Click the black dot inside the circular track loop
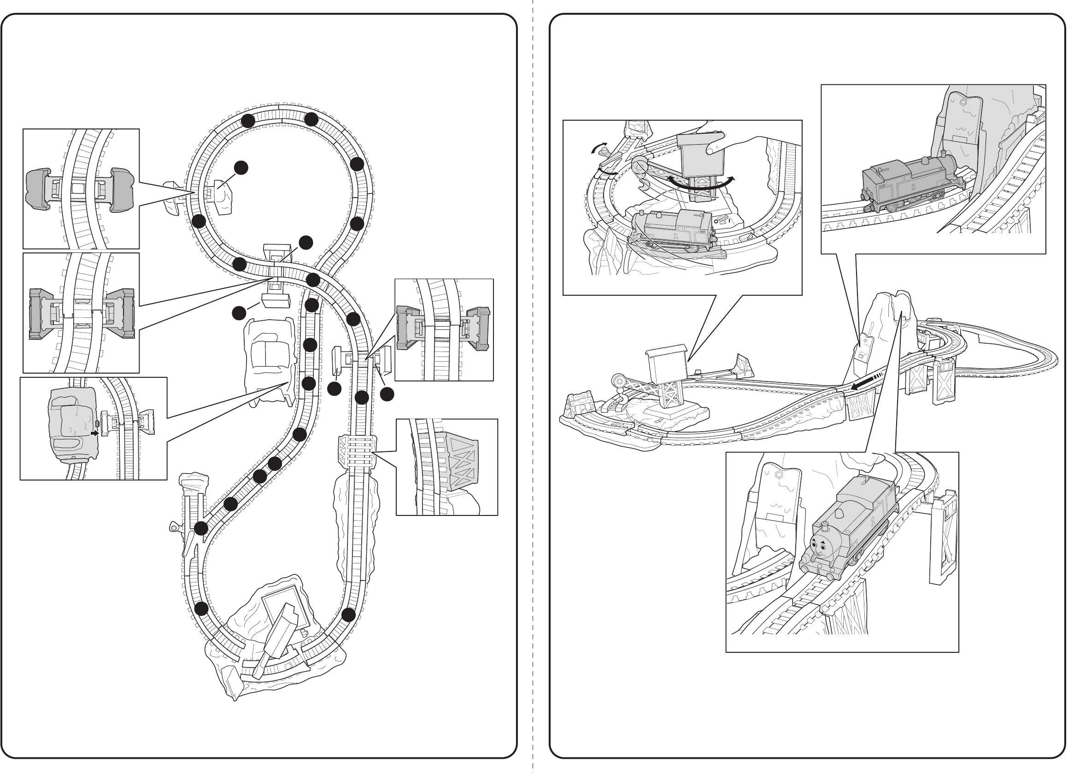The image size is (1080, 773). click(241, 168)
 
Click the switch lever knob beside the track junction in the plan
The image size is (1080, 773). click(174, 527)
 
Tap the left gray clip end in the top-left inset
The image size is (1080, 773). click(37, 188)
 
